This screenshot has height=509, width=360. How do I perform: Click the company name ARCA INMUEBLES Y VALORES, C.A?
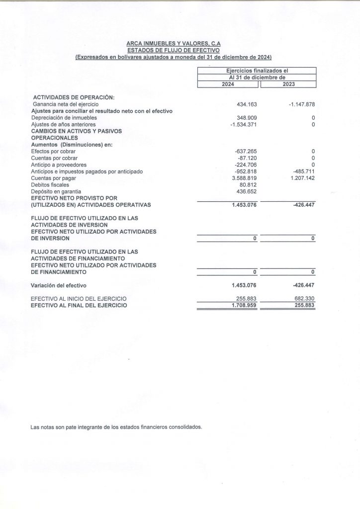click(x=174, y=44)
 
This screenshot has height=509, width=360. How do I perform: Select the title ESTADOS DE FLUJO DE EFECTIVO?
click(x=174, y=50)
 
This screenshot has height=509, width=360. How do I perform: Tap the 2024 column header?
click(x=229, y=84)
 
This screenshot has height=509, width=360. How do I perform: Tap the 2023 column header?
click(x=288, y=84)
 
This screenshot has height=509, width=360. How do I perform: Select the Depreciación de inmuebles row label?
click(x=64, y=117)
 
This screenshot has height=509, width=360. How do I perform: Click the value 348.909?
click(x=247, y=117)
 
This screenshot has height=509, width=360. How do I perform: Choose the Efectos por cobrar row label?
click(x=53, y=151)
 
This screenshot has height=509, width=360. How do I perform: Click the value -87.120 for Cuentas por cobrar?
click(x=247, y=158)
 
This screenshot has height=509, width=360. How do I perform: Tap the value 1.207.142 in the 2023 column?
click(x=300, y=178)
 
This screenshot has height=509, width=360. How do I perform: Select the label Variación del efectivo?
click(x=59, y=285)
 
